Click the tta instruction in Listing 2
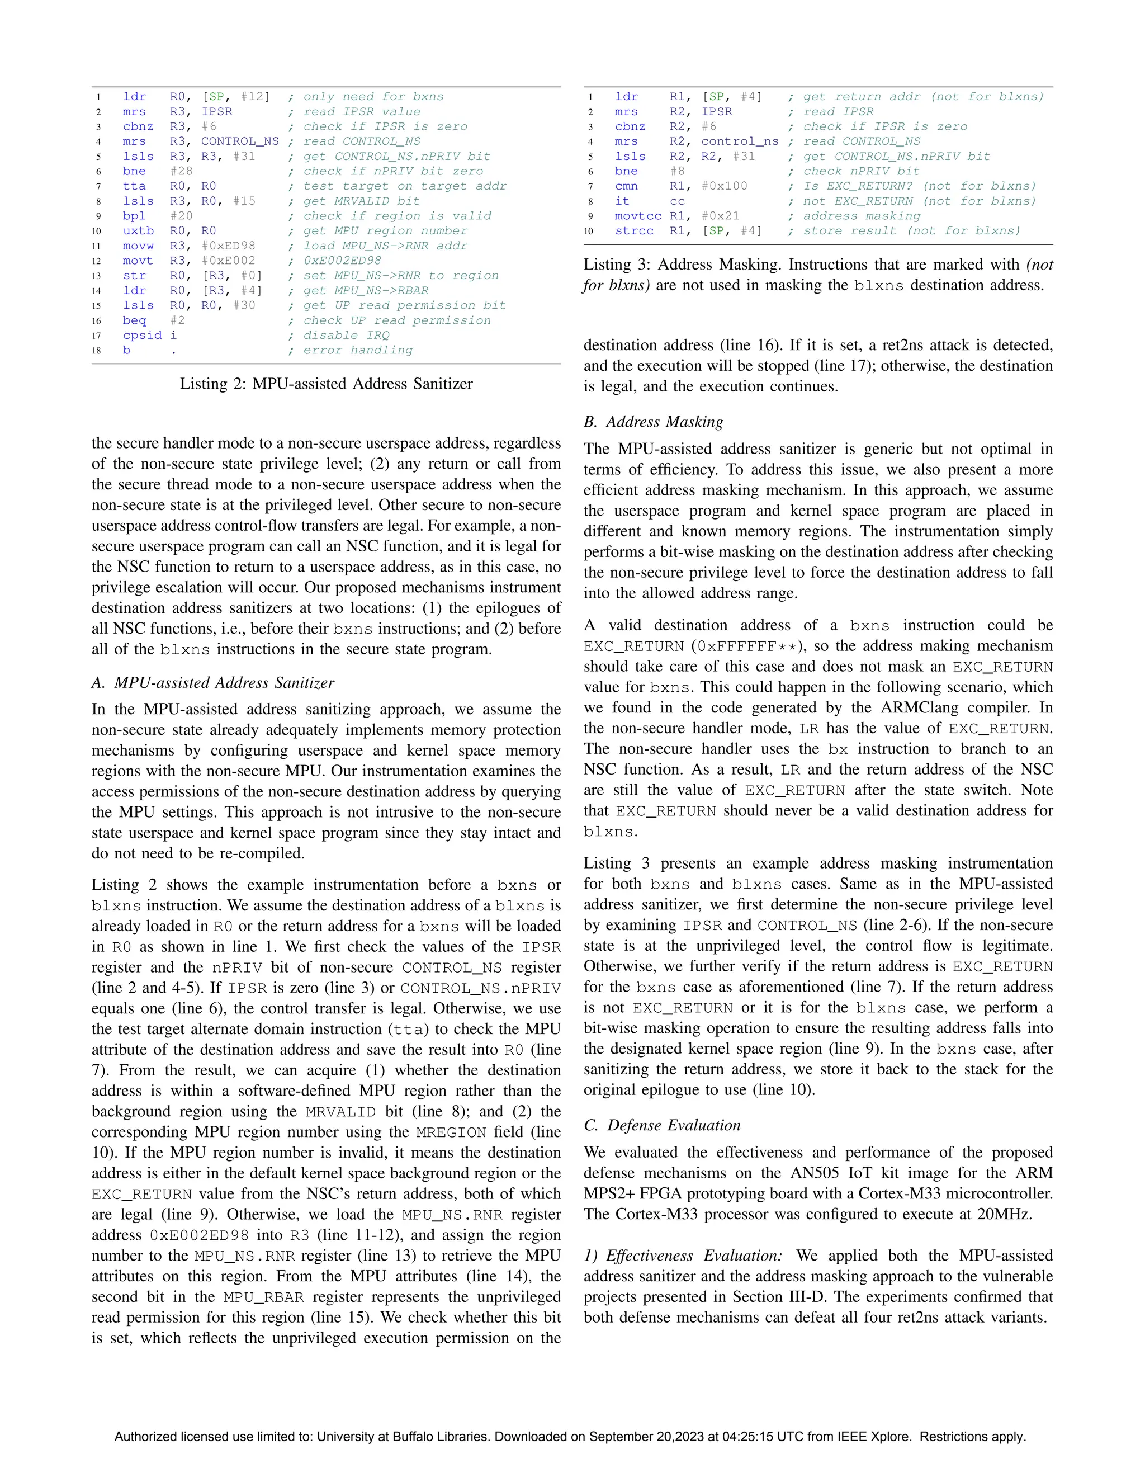[134, 186]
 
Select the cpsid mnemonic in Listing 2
[142, 335]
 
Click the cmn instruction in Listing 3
[626, 186]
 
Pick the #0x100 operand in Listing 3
[725, 186]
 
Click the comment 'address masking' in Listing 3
[862, 216]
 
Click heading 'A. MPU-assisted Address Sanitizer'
[213, 683]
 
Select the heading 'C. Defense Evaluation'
[662, 1125]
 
